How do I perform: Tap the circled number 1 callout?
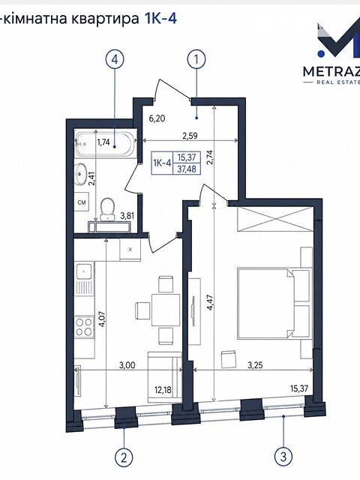tap(196, 58)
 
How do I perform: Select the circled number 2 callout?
tap(124, 458)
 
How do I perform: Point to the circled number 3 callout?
tap(283, 457)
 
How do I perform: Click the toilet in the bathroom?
tap(107, 209)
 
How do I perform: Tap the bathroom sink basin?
tap(80, 174)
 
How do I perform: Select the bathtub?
tap(106, 144)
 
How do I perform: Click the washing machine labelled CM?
tap(82, 202)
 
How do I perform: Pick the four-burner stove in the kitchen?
tap(85, 326)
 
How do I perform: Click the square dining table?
tap(166, 310)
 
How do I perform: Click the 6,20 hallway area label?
tap(157, 118)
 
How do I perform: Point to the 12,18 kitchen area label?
tap(163, 390)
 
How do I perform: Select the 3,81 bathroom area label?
tap(127, 216)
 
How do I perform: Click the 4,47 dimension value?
tap(210, 303)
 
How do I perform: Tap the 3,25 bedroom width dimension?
tap(256, 365)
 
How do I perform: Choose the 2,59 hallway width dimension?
tap(190, 136)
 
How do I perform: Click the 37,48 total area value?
tap(187, 169)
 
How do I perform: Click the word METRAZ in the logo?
tap(331, 72)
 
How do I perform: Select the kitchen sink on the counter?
tap(83, 271)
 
